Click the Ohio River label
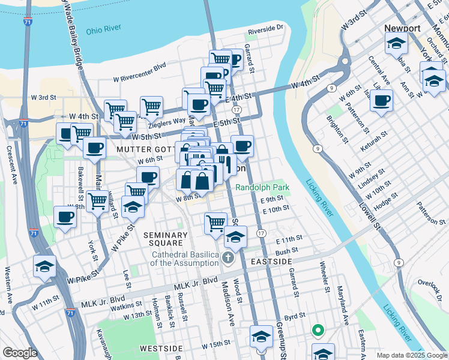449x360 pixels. [104, 28]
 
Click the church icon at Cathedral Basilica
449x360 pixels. [228, 259]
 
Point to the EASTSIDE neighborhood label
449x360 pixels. [272, 262]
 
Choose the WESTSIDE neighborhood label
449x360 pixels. [161, 348]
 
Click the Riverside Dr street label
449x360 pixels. [265, 28]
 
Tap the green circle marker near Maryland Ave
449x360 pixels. [318, 329]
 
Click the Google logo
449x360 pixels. [20, 353]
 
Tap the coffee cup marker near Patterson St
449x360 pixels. [381, 101]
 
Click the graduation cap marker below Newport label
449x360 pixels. [396, 43]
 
